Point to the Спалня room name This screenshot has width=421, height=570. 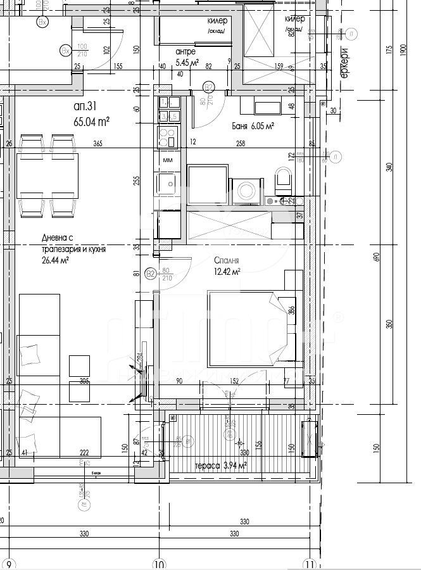pyautogui.click(x=226, y=260)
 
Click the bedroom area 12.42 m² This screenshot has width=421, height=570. pyautogui.click(x=227, y=272)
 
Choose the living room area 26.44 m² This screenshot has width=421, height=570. pyautogui.click(x=55, y=260)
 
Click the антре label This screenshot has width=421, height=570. pyautogui.click(x=185, y=51)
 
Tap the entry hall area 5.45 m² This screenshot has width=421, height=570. pyautogui.click(x=187, y=62)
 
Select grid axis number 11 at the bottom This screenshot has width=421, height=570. pyautogui.click(x=309, y=562)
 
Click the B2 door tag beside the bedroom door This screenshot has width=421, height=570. pyautogui.click(x=151, y=274)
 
